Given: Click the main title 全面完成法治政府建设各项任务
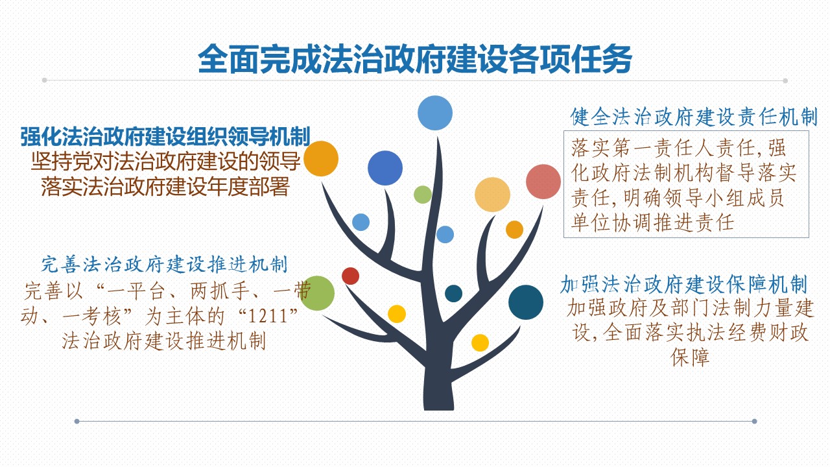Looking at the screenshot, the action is click(x=415, y=59).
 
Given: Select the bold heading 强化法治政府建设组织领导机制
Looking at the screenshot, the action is click(x=165, y=136).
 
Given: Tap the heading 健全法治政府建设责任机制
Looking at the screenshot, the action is click(x=694, y=117).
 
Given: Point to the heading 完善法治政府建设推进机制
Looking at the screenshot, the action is click(x=164, y=265).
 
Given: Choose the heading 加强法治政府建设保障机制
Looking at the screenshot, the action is click(x=684, y=285).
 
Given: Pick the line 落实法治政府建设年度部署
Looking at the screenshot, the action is click(x=165, y=186).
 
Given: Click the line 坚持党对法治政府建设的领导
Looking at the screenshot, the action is click(x=165, y=162).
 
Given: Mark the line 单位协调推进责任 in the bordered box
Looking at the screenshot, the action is click(x=652, y=223).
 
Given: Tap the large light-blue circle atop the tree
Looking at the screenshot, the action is click(x=435, y=113).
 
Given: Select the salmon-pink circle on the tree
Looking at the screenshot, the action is click(x=543, y=182).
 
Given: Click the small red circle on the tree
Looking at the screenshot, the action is click(x=351, y=276).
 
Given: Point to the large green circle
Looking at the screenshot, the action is click(x=317, y=293).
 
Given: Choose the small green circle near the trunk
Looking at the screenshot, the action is click(x=423, y=195).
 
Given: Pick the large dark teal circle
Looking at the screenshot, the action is click(x=526, y=302).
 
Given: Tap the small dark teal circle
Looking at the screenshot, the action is click(x=453, y=294).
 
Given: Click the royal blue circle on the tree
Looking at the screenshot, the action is click(x=385, y=168).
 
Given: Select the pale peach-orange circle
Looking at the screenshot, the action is click(x=492, y=195).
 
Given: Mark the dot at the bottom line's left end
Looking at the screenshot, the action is click(x=77, y=421).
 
